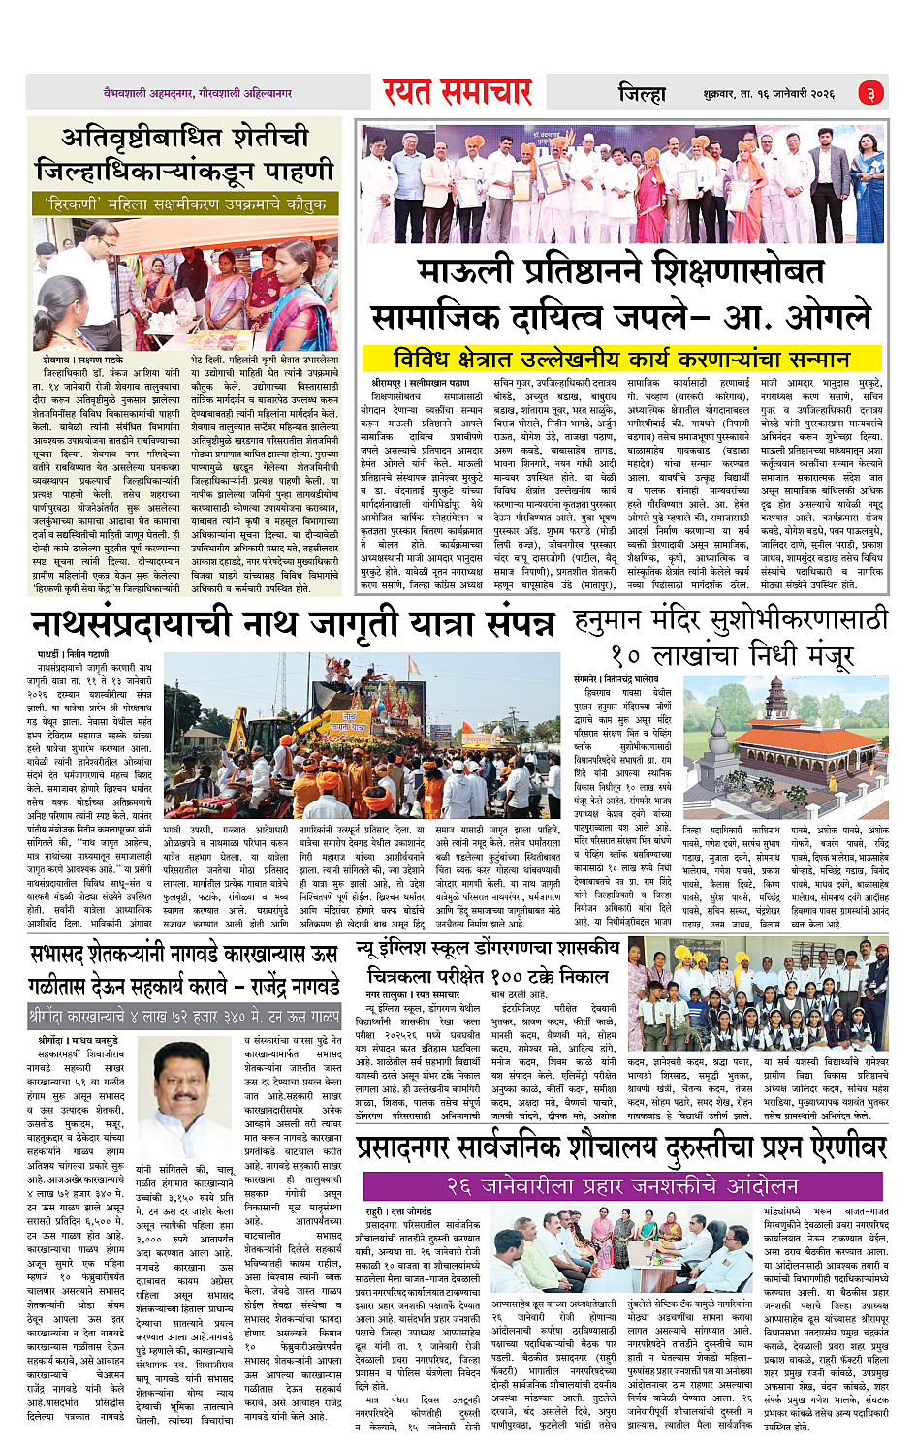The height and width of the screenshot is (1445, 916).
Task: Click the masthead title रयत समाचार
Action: [457, 93]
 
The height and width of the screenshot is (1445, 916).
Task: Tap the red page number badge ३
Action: [870, 94]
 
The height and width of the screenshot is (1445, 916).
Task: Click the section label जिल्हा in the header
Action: [643, 94]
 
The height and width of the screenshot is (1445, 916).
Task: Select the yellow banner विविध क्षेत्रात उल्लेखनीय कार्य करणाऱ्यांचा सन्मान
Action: [621, 359]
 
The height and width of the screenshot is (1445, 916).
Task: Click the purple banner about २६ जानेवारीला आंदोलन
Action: [622, 1186]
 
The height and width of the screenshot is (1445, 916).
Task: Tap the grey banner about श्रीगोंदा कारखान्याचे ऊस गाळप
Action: [184, 1018]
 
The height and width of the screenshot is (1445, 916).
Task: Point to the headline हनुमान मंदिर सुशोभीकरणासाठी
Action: [730, 619]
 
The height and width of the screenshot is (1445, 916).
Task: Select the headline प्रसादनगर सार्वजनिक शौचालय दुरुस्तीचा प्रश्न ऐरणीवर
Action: [621, 1148]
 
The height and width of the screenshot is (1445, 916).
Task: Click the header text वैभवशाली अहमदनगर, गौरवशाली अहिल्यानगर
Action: [198, 94]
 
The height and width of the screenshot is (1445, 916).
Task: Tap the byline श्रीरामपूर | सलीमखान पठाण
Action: [421, 384]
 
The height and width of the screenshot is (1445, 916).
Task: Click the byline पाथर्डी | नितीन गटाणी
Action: [73, 655]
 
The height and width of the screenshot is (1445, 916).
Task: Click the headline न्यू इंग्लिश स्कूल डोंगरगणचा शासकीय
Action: [487, 948]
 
